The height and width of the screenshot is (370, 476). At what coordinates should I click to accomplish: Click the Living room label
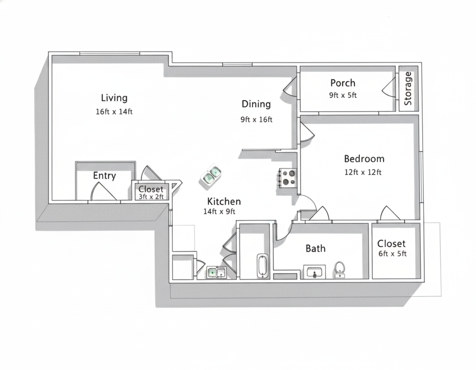pyautogui.click(x=114, y=98)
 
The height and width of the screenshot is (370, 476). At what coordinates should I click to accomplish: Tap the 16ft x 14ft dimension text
pyautogui.click(x=114, y=111)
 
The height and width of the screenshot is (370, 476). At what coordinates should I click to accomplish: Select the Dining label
pyautogui.click(x=256, y=104)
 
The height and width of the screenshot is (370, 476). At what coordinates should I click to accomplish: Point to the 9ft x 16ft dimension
pyautogui.click(x=257, y=119)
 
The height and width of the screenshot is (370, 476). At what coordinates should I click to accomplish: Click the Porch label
pyautogui.click(x=343, y=83)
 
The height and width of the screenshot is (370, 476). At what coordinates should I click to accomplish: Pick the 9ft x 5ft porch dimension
pyautogui.click(x=343, y=95)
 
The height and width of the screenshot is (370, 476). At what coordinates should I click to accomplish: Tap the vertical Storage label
pyautogui.click(x=408, y=88)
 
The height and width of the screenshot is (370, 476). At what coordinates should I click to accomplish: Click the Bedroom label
pyautogui.click(x=364, y=159)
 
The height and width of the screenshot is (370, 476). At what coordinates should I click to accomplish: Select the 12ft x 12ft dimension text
pyautogui.click(x=363, y=172)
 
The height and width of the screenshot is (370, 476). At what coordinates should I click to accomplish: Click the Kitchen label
pyautogui.click(x=224, y=202)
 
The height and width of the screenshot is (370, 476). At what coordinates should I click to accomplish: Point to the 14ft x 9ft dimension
pyautogui.click(x=219, y=211)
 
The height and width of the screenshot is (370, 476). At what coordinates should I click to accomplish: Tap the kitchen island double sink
pyautogui.click(x=211, y=176)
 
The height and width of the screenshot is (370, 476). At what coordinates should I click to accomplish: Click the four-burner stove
pyautogui.click(x=287, y=178)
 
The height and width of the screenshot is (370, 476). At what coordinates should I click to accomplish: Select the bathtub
pyautogui.click(x=263, y=266)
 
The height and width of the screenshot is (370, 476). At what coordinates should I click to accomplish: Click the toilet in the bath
pyautogui.click(x=340, y=270)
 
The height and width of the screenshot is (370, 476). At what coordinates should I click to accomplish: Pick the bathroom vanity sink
pyautogui.click(x=314, y=272)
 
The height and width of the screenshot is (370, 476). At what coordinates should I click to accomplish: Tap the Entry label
pyautogui.click(x=105, y=176)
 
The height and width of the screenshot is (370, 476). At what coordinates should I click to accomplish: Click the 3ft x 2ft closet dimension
pyautogui.click(x=151, y=197)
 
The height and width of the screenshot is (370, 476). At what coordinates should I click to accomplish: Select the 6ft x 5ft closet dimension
pyautogui.click(x=393, y=254)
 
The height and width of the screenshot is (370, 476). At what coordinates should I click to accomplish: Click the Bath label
pyautogui.click(x=315, y=248)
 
